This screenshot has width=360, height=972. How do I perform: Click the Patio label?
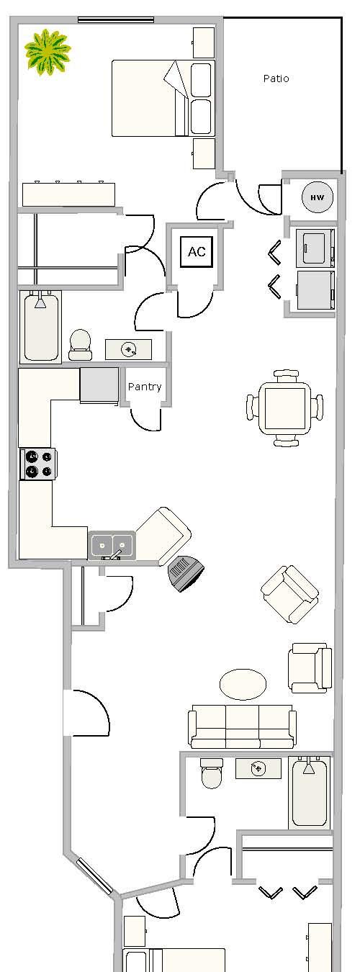pyautogui.click(x=276, y=78)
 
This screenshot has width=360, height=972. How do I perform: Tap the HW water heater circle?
pyautogui.click(x=318, y=197)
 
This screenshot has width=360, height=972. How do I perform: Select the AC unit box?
pyautogui.click(x=197, y=252)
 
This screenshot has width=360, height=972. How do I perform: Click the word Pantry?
pyautogui.click(x=145, y=387)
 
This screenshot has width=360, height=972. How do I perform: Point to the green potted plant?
pyautogui.click(x=47, y=52)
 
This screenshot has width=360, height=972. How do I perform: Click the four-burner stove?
pyautogui.click(x=38, y=464)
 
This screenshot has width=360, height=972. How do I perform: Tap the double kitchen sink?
pyautogui.click(x=112, y=545)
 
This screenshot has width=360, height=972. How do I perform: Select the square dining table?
pyautogui.click(x=285, y=408)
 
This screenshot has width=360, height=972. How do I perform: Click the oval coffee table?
pyautogui.click(x=243, y=684)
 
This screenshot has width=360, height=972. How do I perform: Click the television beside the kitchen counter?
pyautogui.click(x=186, y=573)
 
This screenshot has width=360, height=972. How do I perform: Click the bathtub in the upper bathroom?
pyautogui.click(x=41, y=326)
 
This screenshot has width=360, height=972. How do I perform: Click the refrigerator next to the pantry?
pyautogui.click(x=99, y=386)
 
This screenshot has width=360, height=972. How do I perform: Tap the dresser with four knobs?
pyautogui.click(x=69, y=194)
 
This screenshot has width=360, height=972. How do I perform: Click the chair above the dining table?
pyautogui.click(x=286, y=375)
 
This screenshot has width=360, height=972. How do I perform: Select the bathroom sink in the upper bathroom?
pyautogui.click(x=128, y=350)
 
